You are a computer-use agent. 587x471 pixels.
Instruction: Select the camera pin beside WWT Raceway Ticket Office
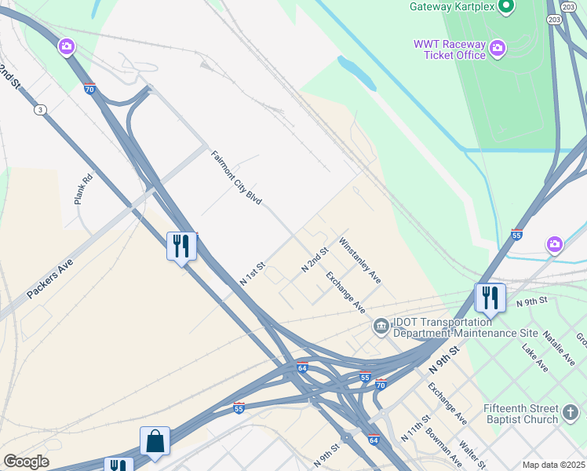tap(498, 50)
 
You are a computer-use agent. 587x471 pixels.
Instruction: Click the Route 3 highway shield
tap(40, 110)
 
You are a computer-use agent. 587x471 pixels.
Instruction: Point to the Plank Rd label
tap(83, 189)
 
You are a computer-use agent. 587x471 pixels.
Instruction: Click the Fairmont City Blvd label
tap(236, 177)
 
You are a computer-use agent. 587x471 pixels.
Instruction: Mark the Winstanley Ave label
tap(360, 260)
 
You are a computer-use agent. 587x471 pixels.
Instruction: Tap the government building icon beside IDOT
tap(381, 325)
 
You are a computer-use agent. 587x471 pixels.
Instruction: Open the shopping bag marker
tap(155, 441)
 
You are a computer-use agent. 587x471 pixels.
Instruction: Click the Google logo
tap(26, 462)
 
